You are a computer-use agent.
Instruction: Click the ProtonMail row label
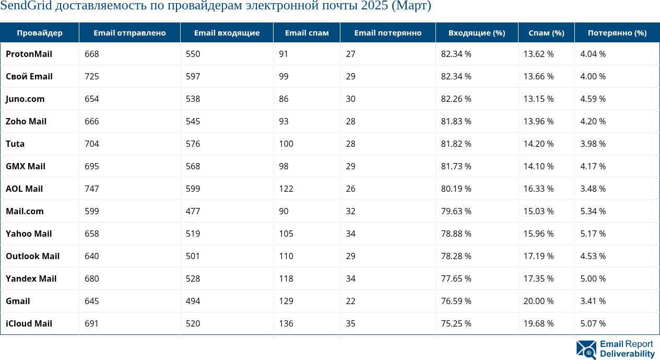[x=29, y=54]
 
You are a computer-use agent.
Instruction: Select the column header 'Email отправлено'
[x=129, y=33]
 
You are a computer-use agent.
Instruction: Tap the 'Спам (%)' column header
[x=546, y=33]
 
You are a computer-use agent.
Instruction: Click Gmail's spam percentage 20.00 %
[x=538, y=301]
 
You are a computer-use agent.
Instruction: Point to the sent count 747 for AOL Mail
[x=92, y=189]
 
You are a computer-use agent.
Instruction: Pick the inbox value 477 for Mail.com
[x=193, y=211]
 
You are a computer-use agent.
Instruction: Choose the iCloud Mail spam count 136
[x=286, y=323]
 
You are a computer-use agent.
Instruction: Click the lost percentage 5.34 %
[x=593, y=211]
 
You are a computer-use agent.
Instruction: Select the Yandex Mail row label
[x=31, y=278]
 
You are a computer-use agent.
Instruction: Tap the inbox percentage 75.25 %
[x=456, y=323]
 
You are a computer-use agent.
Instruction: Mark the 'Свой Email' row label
[x=29, y=76]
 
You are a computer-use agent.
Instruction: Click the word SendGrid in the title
[x=25, y=7]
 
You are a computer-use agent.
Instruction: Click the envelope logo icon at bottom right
[x=586, y=350]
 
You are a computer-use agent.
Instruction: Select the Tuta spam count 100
[x=286, y=144]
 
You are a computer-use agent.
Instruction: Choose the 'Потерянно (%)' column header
[x=617, y=33]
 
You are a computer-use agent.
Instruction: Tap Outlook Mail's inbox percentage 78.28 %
[x=456, y=256]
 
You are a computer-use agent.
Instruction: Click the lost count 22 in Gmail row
[x=350, y=301]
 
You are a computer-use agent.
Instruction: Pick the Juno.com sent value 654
[x=92, y=99]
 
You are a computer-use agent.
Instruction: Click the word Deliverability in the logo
[x=627, y=354]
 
